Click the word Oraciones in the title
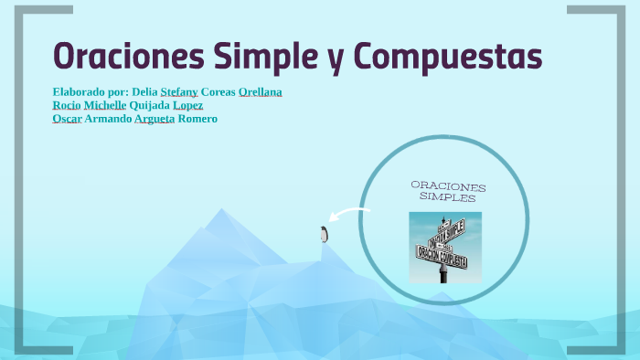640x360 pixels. click(127, 56)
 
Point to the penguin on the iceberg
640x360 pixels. click(323, 234)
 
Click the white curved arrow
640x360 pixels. click(348, 217)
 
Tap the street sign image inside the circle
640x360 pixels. click(444, 246)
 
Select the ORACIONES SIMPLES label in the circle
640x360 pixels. click(448, 191)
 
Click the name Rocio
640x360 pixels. click(67, 105)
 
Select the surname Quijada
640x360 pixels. click(156, 105)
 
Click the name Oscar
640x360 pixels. click(68, 119)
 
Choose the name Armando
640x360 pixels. click(108, 119)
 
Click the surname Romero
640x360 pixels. click(197, 119)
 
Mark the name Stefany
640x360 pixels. click(179, 92)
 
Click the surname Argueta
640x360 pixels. click(155, 119)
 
